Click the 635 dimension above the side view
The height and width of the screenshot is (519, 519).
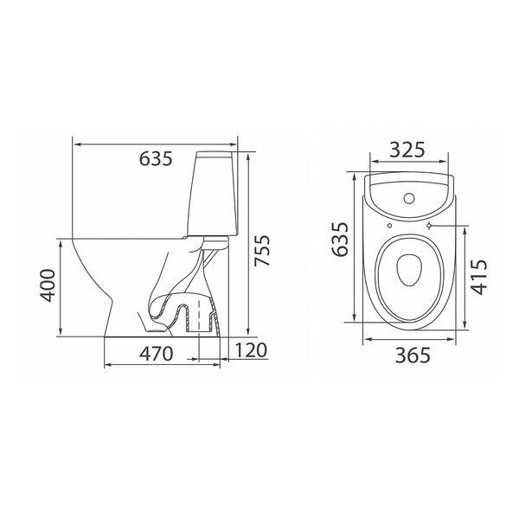[x=156, y=158]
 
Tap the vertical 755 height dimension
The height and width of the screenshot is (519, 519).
[x=262, y=250]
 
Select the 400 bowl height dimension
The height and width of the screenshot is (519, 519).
[x=48, y=285]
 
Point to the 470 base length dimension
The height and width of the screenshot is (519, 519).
[x=156, y=354]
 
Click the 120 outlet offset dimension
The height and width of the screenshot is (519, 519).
[x=251, y=350]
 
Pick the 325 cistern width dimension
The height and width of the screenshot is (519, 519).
[x=407, y=150]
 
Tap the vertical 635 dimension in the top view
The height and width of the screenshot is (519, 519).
[x=340, y=240]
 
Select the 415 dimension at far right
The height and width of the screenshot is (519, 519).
[x=479, y=277]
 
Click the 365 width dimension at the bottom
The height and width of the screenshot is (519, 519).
[x=413, y=356]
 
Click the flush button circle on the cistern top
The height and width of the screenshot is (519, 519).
[x=409, y=198]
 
